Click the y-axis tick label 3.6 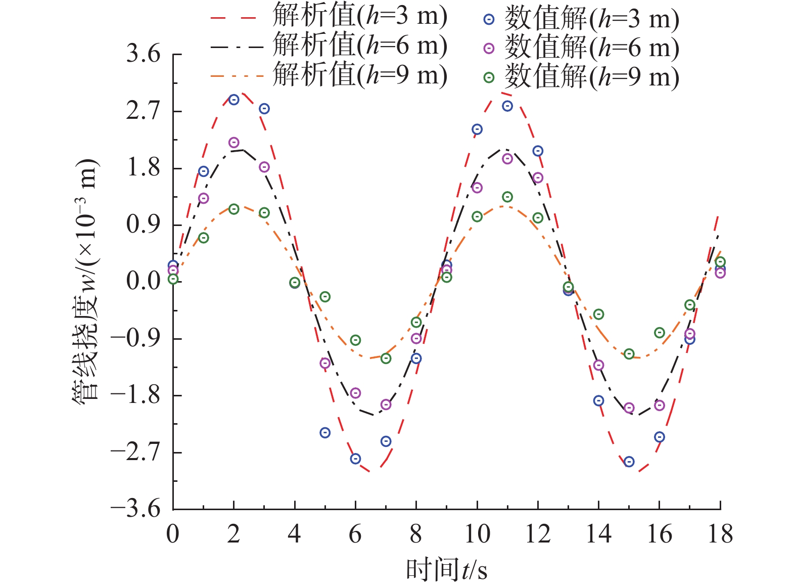tap(143, 54)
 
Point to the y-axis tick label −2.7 tap(135, 451)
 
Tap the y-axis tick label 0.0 tap(143, 281)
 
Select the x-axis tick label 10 tap(477, 534)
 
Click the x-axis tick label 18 tap(720, 534)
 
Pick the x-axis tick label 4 tap(294, 534)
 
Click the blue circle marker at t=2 tap(233, 100)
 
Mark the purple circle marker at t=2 tap(233, 143)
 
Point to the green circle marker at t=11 tap(507, 197)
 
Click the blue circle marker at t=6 tap(355, 459)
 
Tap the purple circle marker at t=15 tap(629, 408)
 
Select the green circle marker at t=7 tap(386, 358)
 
